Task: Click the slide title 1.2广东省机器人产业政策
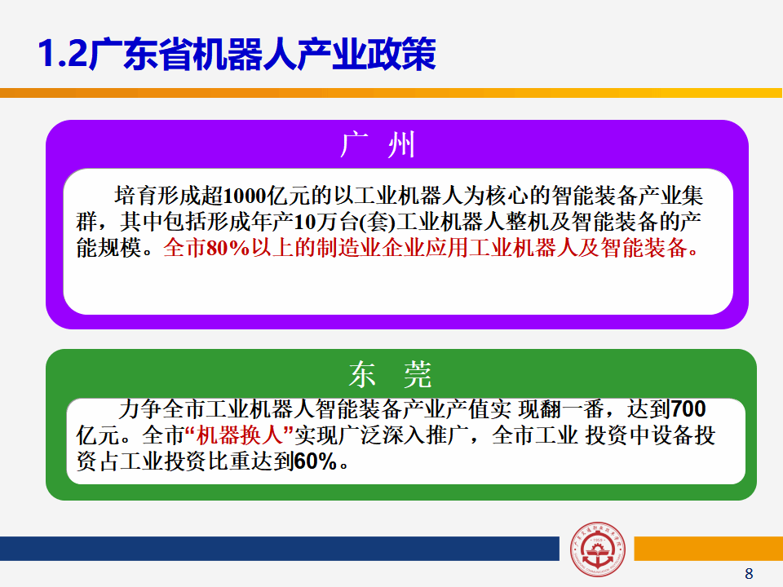point(237,54)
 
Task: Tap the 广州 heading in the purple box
point(378,145)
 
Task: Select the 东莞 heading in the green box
point(390,374)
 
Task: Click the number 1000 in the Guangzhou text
point(245,196)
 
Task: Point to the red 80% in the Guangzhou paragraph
point(228,248)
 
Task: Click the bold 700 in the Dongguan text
point(688,409)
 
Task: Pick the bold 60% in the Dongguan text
point(315,461)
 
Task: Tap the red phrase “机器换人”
point(239,435)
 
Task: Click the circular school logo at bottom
point(597,549)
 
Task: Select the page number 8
point(749,573)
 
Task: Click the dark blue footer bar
point(280,549)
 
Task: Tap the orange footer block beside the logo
point(708,549)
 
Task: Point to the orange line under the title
point(391,93)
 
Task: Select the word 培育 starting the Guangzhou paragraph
point(136,196)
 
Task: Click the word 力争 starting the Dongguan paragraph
point(140,409)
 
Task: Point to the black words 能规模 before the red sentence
point(108,248)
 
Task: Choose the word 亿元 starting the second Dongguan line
point(98,435)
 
